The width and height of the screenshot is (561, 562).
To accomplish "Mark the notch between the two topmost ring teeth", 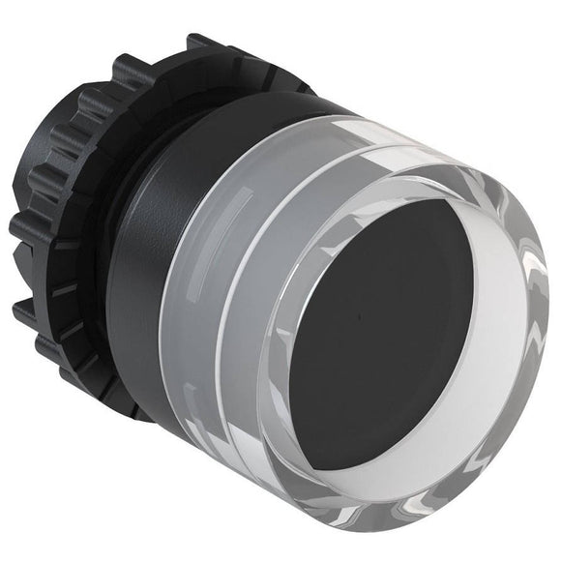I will [x=169, y=53].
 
